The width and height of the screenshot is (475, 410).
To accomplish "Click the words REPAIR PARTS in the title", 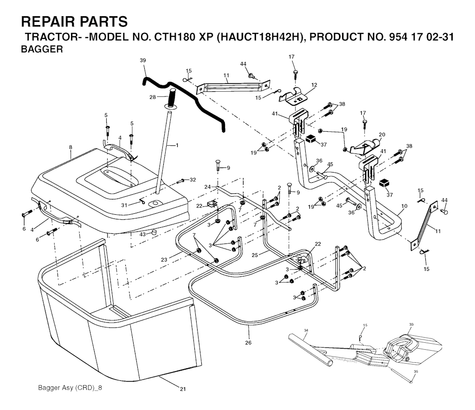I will coord(74,22).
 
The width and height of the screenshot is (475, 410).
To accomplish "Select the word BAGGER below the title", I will coord(42,49).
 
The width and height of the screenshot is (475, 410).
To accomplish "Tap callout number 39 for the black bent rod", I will coord(142,61).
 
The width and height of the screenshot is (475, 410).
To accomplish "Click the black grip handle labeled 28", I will coord(172,98).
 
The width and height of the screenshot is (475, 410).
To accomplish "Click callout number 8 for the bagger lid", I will coord(71,147).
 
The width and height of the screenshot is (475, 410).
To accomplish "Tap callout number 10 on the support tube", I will coord(404,205).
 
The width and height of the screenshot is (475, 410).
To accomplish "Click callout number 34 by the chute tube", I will coord(306,330).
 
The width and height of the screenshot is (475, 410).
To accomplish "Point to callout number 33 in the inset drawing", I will coord(411,324).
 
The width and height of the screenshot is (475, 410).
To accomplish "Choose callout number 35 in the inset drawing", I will coord(416,371).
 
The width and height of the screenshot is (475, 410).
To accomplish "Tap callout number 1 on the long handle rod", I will coord(177,146).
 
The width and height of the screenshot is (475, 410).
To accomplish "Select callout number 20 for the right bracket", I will coord(382,135).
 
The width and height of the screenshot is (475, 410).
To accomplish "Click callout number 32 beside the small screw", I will coord(193,179).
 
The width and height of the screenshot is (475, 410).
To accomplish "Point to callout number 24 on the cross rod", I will coord(207,187).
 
